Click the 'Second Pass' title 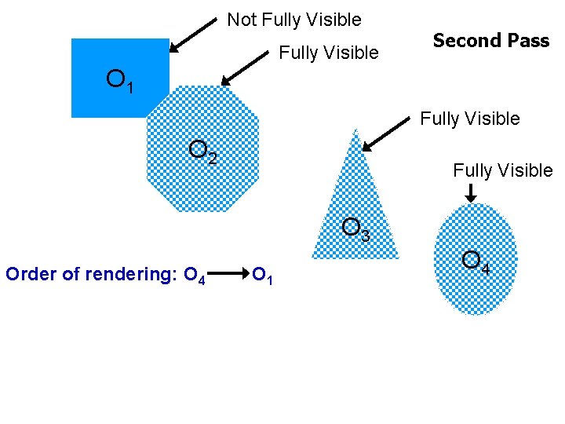click(490, 41)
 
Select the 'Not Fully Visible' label click(294, 20)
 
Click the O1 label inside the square click(120, 80)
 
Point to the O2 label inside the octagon click(203, 152)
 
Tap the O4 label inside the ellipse click(476, 261)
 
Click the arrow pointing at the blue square click(192, 35)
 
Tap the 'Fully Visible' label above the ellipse click(502, 170)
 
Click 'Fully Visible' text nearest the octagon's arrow click(329, 53)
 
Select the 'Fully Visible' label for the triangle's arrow click(469, 119)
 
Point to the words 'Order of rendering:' click(91, 274)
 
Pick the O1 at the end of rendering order click(262, 276)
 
